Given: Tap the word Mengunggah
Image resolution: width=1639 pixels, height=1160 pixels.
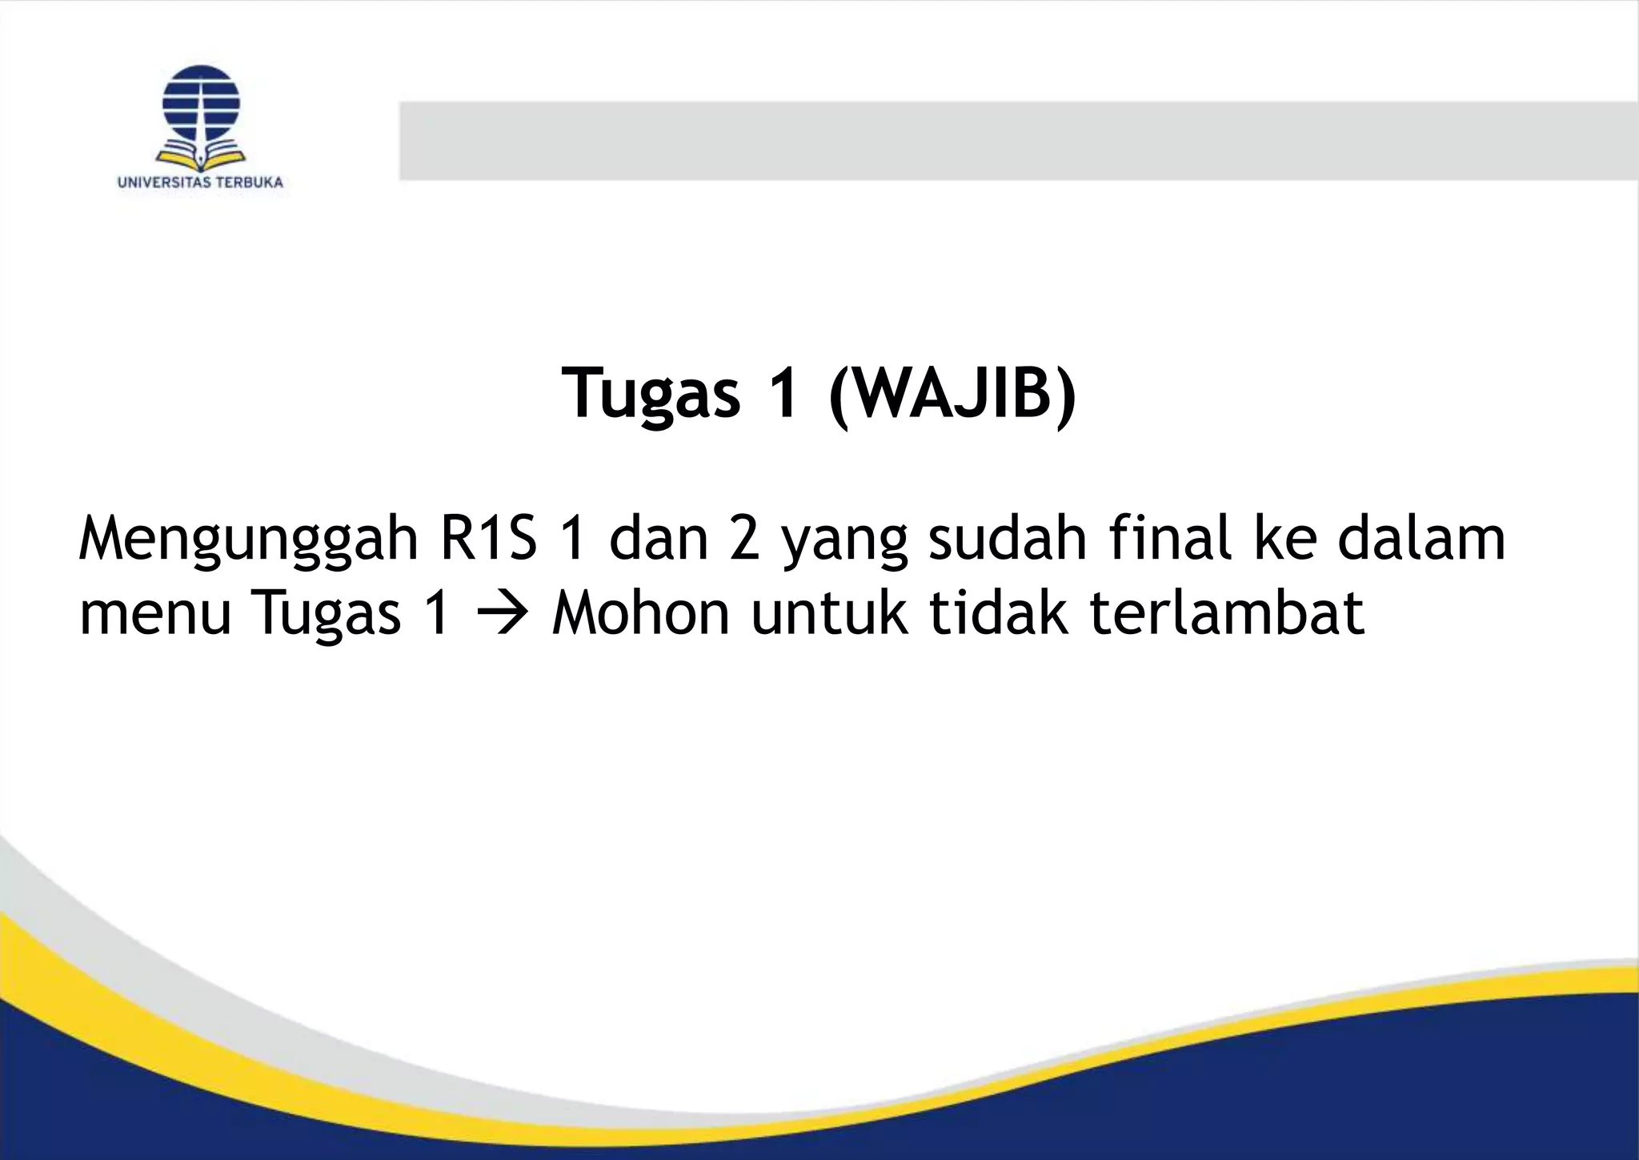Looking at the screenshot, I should [249, 541].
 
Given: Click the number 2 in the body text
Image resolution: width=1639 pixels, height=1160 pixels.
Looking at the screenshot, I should [743, 540].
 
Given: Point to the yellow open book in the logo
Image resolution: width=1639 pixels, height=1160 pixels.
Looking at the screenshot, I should [200, 155].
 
